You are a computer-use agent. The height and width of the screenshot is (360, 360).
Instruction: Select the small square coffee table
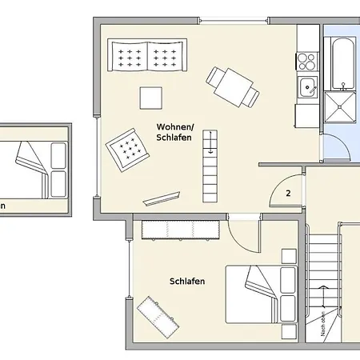[150, 97]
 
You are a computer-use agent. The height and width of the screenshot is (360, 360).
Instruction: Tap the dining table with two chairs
[232, 86]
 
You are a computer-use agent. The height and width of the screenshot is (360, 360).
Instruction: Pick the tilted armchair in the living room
[126, 149]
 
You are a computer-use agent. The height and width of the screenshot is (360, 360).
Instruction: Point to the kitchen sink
[306, 87]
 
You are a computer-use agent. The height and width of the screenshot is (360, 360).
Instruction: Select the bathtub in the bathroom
[342, 61]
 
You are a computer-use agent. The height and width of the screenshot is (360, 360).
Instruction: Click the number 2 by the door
[288, 193]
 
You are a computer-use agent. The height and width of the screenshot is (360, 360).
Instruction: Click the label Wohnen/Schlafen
[174, 132]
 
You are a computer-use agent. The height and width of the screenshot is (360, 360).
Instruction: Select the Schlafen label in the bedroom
[187, 281]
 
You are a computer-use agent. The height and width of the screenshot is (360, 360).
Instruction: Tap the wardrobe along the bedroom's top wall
[182, 230]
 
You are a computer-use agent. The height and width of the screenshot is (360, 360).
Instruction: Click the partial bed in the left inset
[36, 168]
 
